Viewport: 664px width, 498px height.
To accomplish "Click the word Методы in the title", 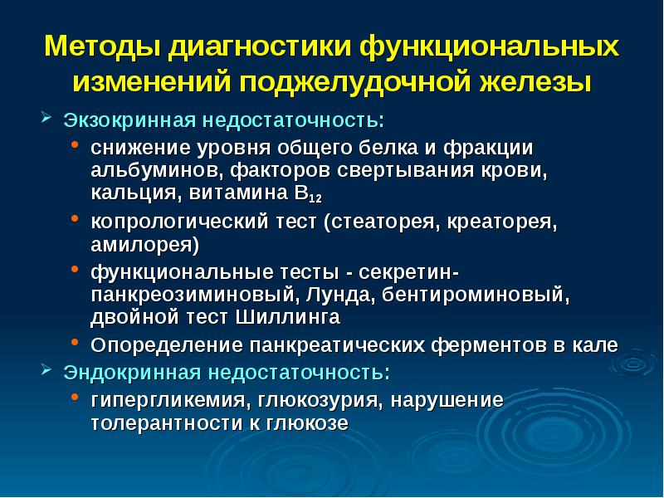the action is coord(102,46).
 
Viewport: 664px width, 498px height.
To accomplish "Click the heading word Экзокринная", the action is coord(130,120).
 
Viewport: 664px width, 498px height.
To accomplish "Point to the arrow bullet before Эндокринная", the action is coord(46,369).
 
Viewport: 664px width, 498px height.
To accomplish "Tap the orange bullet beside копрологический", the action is coord(75,218).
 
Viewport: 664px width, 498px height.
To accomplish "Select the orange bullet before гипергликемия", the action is coord(75,397).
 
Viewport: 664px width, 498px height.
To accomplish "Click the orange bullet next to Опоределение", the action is coord(75,341).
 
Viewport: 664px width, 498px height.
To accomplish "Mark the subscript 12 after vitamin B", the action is coord(315,198).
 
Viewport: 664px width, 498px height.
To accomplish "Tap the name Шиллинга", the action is coord(287,317).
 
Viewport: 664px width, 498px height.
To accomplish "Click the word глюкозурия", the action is coord(320,400).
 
